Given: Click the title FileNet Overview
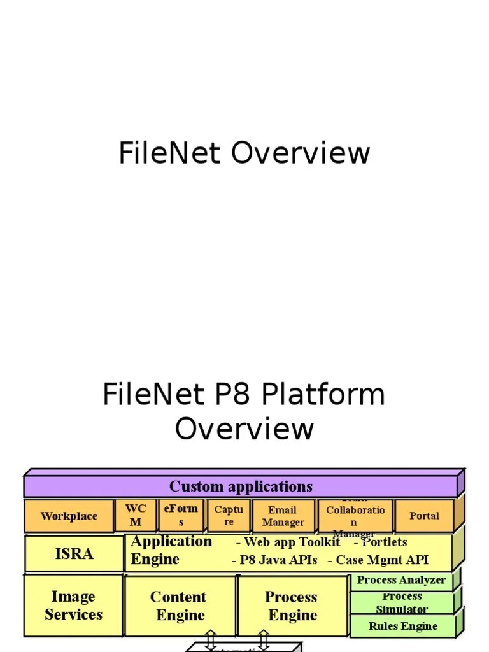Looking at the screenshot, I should point(244,153).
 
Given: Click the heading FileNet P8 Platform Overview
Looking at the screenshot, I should point(244,411).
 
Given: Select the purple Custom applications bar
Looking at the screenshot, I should point(241,487).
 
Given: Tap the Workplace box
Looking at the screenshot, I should point(69,516).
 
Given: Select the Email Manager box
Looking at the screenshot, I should point(283,516).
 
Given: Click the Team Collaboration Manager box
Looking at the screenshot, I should point(355,516).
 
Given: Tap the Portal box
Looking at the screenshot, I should point(424,516).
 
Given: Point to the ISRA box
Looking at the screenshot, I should point(74,554).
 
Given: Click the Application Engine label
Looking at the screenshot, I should point(171,551).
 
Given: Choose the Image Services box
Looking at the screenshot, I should point(73,606).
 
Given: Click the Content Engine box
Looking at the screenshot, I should point(180,606).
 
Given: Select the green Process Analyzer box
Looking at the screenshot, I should point(401,581).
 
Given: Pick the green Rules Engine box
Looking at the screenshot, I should point(402,627).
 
